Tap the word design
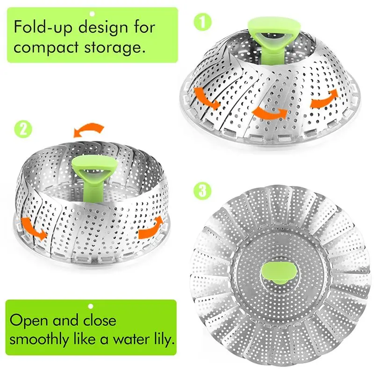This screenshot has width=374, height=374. pos(106,27)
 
